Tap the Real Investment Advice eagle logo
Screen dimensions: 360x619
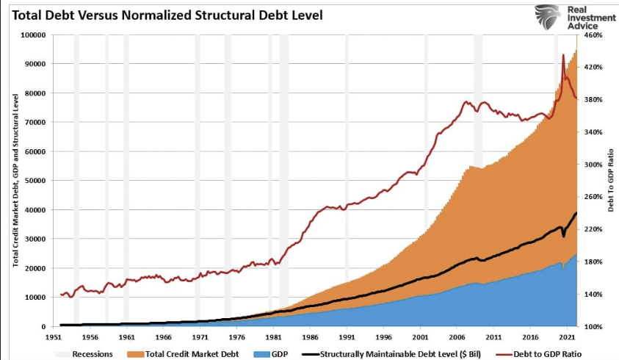pos(547,18)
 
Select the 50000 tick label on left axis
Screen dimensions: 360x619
pos(34,181)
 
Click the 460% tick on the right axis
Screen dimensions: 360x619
pos(593,35)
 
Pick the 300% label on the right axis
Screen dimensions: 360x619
pos(593,165)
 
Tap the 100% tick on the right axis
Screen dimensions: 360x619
pos(593,327)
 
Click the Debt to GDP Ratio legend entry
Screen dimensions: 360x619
pos(540,353)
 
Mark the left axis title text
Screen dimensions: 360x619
pos(15,180)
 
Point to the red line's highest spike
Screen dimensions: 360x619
pos(563,55)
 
